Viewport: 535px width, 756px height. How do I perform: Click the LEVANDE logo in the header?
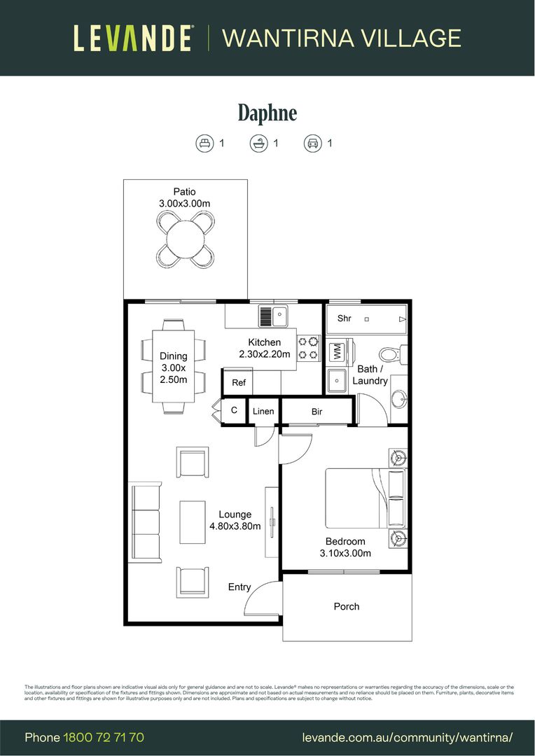tap(134, 38)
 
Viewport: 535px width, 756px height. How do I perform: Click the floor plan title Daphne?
tap(267, 113)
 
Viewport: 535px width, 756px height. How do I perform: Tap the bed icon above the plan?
tap(204, 143)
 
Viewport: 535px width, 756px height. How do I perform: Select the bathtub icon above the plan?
tap(258, 143)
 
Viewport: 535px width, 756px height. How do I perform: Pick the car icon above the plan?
tap(312, 143)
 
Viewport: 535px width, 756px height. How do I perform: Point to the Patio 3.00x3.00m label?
tap(185, 197)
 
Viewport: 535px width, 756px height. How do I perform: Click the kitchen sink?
tap(274, 317)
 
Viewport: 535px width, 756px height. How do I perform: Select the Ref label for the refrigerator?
tap(238, 383)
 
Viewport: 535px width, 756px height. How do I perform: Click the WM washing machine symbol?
tap(337, 351)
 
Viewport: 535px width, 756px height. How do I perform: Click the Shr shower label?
tap(344, 318)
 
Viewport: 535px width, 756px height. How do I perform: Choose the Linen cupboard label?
tap(263, 412)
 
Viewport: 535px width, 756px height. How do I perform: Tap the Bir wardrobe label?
tap(317, 412)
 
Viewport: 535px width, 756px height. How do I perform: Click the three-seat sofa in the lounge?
tap(145, 521)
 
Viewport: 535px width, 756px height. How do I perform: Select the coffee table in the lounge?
tap(193, 521)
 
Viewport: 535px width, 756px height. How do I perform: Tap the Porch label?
tap(346, 607)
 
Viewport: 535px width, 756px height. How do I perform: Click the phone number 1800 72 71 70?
tap(104, 737)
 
